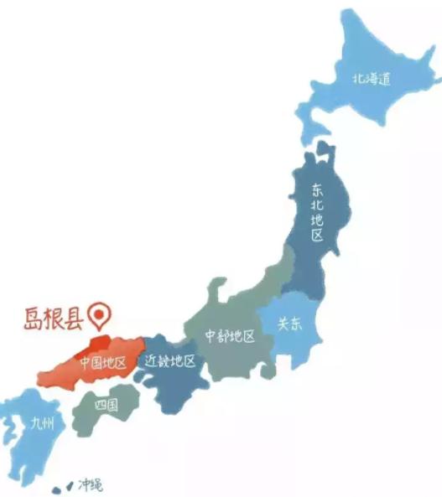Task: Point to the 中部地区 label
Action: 230,336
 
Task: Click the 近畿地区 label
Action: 170,362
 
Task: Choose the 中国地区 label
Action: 102,363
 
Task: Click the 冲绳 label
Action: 90,484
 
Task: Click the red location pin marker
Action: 103,314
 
